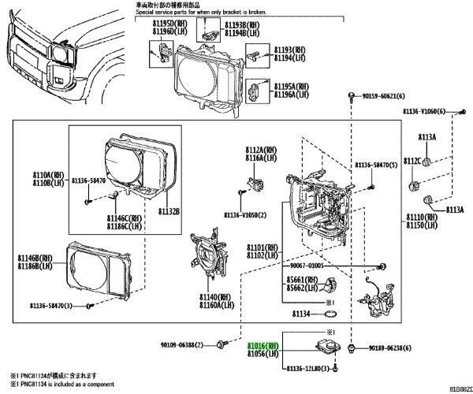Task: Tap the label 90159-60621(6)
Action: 385,95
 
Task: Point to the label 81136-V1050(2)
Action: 244,214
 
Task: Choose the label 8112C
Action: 413,161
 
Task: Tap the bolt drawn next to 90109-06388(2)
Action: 224,345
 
